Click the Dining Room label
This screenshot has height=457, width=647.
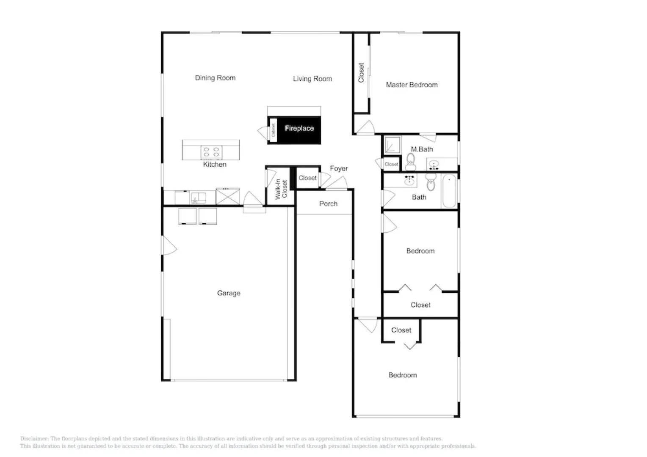[215, 78]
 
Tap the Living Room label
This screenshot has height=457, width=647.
[312, 79]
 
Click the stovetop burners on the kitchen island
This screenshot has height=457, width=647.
[211, 152]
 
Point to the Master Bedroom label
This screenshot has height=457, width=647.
[412, 85]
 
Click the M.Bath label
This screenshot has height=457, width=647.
[422, 149]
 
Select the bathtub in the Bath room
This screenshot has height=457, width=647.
[449, 192]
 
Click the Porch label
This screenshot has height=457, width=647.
[328, 204]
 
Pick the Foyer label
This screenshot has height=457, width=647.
[339, 168]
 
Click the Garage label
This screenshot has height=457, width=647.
[229, 293]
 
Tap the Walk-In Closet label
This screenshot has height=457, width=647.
[281, 189]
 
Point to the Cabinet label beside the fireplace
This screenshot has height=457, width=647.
[274, 130]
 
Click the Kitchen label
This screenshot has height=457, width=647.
[215, 165]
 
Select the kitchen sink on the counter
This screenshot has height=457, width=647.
[198, 198]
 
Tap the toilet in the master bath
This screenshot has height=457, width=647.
[410, 161]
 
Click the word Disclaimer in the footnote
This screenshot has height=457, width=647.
[34, 439]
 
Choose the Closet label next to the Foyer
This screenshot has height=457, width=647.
[307, 178]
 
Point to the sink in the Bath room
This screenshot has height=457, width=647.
[409, 181]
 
